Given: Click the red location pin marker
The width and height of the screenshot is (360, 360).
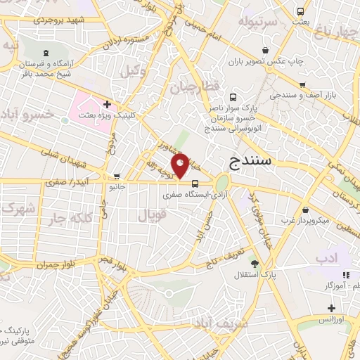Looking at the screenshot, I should pos(181,164).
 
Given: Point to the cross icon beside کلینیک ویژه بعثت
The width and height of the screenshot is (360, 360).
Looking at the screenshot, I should pos(107,103).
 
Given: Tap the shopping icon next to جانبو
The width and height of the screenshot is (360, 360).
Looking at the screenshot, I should pos(117,176).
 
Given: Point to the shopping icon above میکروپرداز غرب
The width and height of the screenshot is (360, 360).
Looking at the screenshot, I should pos(304,210).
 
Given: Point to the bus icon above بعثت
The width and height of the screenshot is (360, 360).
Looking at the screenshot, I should pos(300,11).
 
